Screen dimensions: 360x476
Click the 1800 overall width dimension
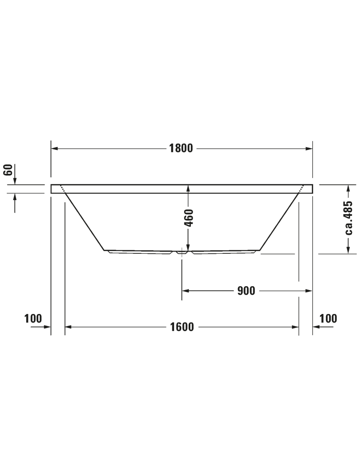(181, 148)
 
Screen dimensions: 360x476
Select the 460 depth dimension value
(189, 217)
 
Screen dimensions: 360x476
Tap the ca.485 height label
(349, 218)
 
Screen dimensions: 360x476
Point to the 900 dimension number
(246, 291)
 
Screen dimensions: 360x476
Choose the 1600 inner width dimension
(181, 327)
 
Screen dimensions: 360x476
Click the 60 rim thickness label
(9, 170)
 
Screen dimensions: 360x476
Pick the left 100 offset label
(33, 319)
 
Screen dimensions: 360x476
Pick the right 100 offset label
(328, 319)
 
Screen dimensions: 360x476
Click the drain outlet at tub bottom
(182, 252)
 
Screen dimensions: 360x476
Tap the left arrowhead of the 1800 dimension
(54, 148)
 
